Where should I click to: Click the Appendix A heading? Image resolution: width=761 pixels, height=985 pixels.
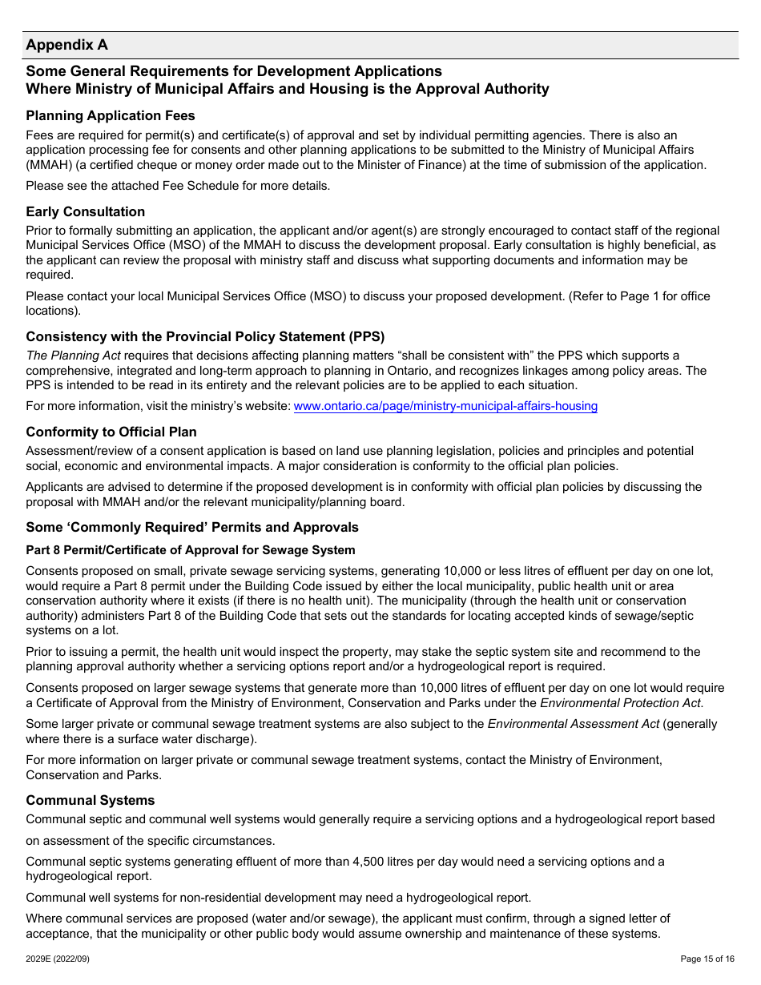[66, 45]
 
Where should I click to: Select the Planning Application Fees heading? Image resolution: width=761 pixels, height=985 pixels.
[111, 116]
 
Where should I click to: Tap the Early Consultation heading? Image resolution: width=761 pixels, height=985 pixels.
[86, 211]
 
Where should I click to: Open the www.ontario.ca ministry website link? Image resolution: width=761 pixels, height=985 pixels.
[445, 406]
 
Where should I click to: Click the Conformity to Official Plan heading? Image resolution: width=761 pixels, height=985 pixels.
[111, 432]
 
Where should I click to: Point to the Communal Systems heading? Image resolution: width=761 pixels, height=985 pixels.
[91, 800]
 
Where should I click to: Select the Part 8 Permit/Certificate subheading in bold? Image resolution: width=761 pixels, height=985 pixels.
[191, 550]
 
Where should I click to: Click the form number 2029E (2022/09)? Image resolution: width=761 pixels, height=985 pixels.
[58, 959]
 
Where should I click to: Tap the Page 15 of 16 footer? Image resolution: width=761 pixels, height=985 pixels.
[707, 959]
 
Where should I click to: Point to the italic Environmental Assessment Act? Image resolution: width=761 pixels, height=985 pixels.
[574, 724]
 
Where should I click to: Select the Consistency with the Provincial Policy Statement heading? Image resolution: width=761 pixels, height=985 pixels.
[205, 336]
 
